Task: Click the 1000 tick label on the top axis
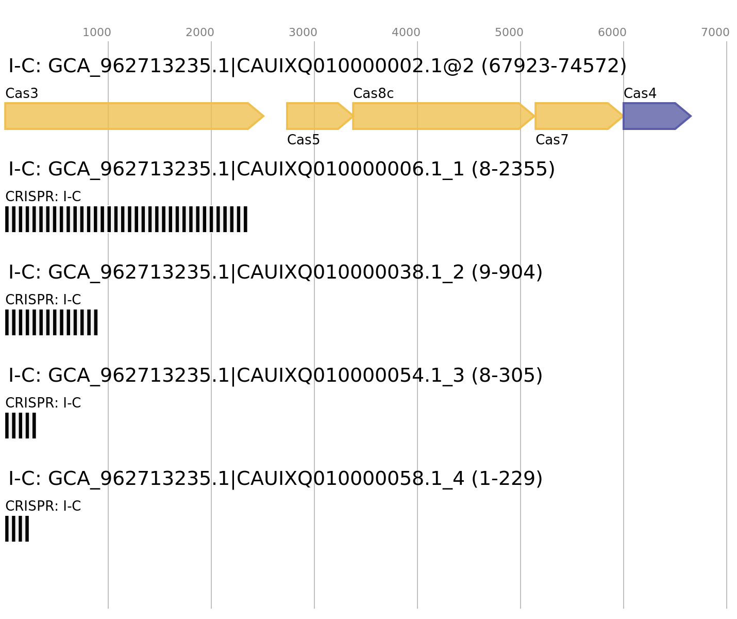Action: (97, 32)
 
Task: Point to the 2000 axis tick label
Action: (200, 32)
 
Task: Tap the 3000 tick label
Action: (303, 32)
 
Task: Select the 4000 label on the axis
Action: (406, 32)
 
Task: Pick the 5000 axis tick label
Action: (509, 32)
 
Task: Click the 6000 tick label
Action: (612, 32)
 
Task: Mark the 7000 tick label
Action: (715, 32)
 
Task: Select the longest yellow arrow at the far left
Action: (129, 116)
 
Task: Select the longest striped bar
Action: (126, 219)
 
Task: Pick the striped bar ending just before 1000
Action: (52, 322)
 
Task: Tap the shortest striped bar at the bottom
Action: (17, 529)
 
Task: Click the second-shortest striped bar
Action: (21, 426)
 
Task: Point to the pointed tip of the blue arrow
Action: (691, 116)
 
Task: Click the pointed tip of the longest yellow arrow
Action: (263, 116)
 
